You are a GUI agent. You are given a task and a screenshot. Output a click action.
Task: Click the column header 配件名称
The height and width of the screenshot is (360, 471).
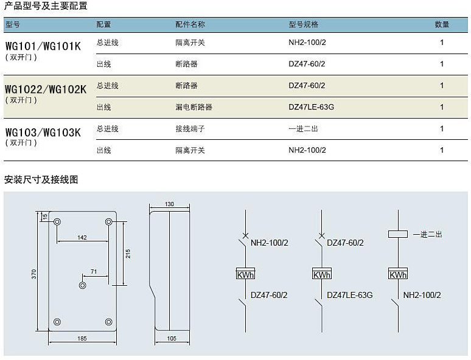tap(190, 24)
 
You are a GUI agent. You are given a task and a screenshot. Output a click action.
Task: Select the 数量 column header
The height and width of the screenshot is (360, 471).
tap(442, 24)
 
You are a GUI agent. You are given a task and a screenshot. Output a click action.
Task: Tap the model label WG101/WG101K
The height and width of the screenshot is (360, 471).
tap(43, 46)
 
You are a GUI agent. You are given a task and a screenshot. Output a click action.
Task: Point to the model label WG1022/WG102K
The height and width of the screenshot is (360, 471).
tap(46, 89)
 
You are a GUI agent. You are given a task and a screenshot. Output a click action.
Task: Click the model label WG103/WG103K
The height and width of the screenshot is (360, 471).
tap(43, 133)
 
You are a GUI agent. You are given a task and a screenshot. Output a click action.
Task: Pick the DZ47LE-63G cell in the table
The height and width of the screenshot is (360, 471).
tap(311, 107)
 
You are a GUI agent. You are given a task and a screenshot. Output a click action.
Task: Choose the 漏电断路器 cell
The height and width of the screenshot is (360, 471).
tap(194, 107)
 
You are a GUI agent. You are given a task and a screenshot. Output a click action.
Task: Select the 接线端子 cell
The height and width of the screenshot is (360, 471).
tap(190, 129)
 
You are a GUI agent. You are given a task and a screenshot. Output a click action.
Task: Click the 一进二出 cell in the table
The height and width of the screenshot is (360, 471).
tap(304, 129)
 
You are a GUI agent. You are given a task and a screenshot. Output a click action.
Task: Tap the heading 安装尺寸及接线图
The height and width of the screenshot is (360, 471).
tap(41, 179)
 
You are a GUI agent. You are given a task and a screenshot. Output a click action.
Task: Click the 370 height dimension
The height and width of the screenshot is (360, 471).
tap(34, 274)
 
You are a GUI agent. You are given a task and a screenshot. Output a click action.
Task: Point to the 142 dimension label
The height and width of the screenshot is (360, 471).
tap(82, 238)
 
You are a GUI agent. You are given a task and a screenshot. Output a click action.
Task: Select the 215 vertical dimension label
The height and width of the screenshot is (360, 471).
tap(128, 254)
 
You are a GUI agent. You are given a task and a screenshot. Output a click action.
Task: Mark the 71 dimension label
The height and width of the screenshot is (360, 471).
tap(94, 271)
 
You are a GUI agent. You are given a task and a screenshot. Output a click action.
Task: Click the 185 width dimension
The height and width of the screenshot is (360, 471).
tap(82, 338)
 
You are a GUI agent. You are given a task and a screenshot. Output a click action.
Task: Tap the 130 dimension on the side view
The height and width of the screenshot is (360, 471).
tap(169, 204)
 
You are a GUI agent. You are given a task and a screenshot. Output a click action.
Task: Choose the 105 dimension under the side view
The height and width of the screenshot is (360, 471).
tap(172, 338)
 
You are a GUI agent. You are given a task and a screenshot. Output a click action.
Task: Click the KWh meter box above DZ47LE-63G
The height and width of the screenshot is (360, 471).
tap(322, 274)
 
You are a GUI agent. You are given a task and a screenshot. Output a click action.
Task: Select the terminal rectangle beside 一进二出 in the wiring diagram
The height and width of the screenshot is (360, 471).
tap(398, 234)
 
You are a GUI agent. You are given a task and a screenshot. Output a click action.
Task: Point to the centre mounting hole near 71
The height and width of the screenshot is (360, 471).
tap(82, 285)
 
